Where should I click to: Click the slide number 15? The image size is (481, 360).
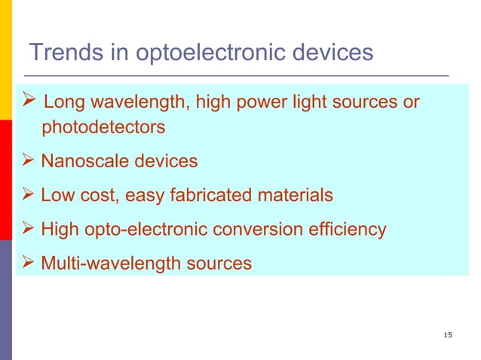tap(449, 334)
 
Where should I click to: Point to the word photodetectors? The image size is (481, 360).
tap(103, 127)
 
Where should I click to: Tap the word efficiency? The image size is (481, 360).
tap(348, 229)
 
